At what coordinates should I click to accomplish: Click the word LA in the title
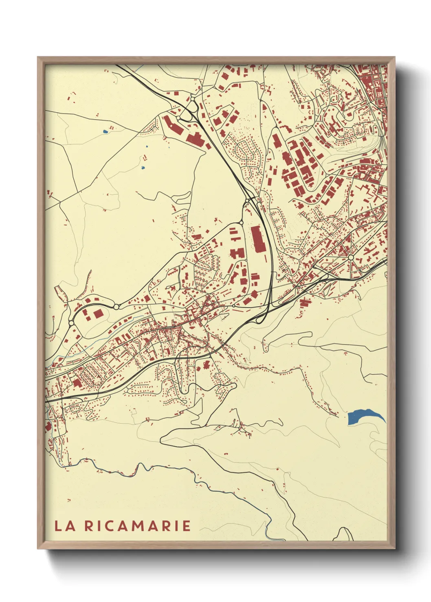click(65, 526)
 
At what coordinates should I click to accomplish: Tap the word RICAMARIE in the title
click(138, 526)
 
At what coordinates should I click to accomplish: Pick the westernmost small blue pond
click(105, 132)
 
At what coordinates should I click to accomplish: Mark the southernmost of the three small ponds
click(142, 167)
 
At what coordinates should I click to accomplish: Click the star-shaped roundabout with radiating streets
click(351, 257)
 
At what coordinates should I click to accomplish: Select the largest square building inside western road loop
click(98, 314)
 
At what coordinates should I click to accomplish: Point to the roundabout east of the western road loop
click(116, 307)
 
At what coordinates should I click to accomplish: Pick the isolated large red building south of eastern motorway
click(305, 301)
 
